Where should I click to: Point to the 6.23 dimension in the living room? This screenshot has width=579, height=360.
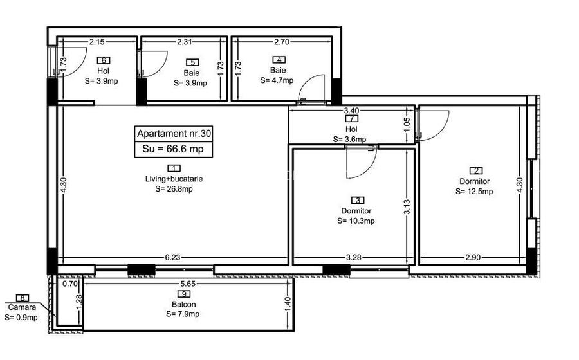[172, 258]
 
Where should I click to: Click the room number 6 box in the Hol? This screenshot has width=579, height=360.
[103, 61]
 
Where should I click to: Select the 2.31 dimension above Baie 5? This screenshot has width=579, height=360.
[185, 42]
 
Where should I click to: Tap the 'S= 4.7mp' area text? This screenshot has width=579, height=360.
[277, 81]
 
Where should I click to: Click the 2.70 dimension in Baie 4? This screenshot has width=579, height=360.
[282, 42]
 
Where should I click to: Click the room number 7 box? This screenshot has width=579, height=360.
[351, 119]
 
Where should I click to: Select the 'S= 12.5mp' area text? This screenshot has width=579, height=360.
[474, 192]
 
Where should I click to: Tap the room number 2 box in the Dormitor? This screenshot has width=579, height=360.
[476, 171]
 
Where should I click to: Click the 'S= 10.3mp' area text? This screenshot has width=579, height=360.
[356, 221]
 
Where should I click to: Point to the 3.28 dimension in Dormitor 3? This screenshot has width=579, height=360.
[353, 258]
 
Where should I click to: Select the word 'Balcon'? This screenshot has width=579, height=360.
[183, 305]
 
